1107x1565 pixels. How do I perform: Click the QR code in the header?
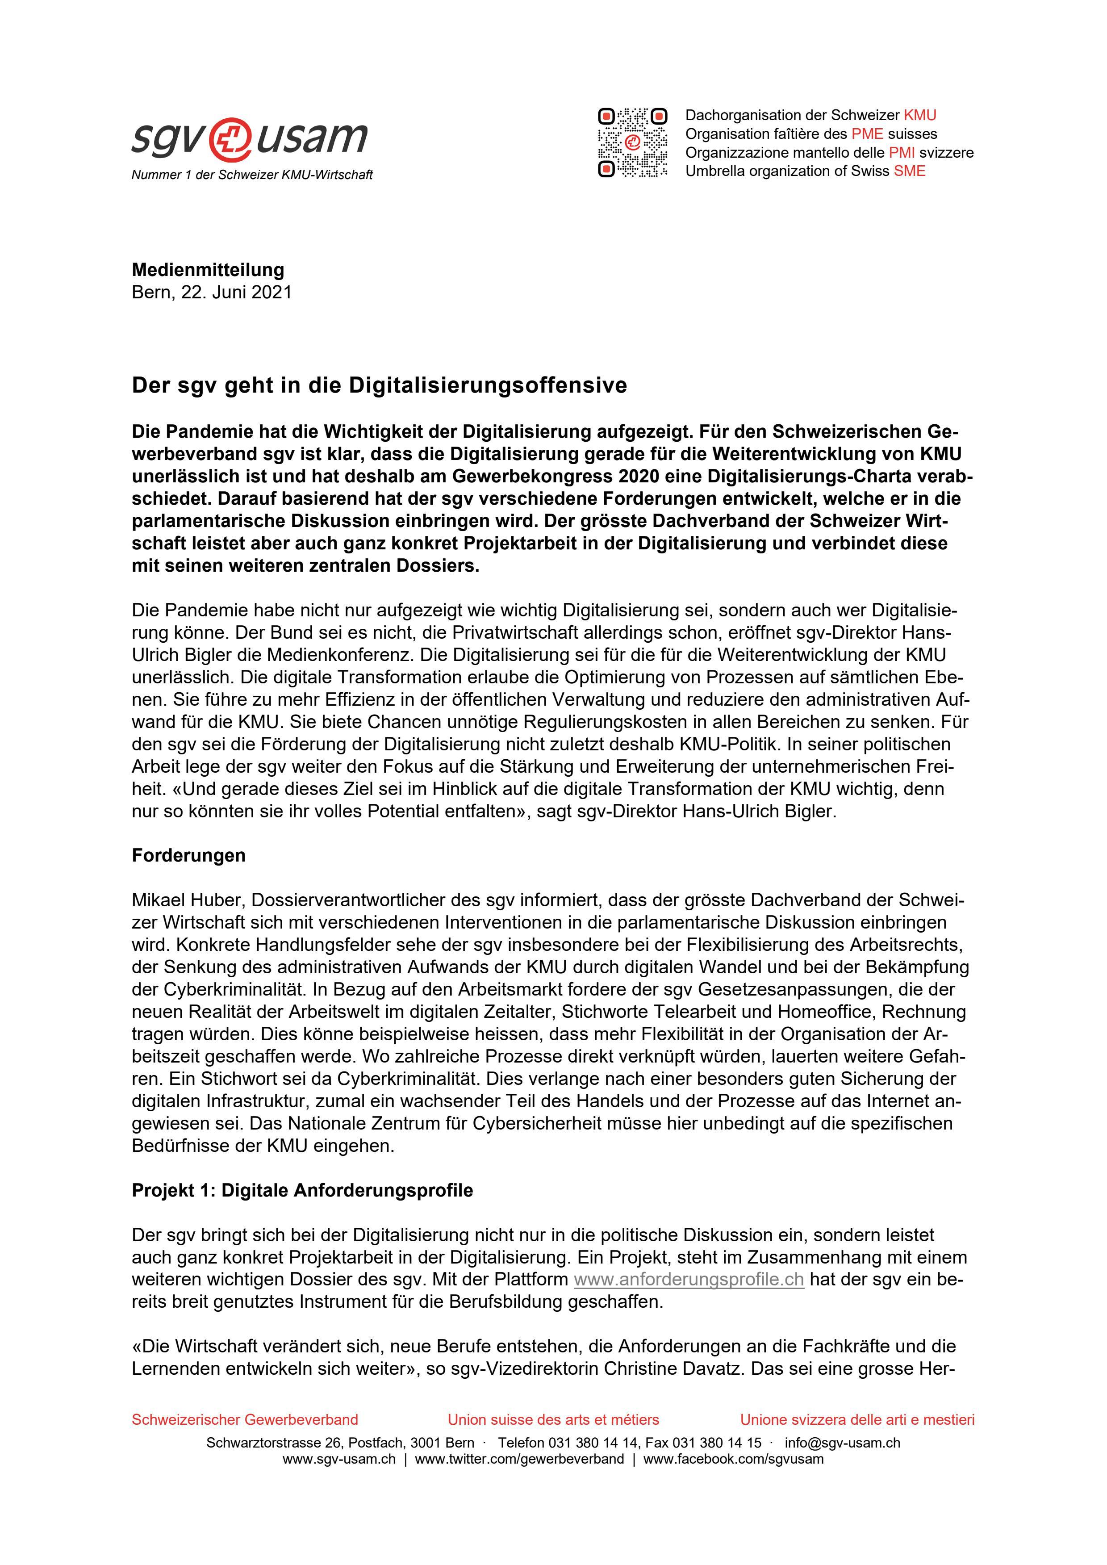[632, 142]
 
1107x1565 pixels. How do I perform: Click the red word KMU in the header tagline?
[919, 115]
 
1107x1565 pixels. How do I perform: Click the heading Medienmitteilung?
[208, 270]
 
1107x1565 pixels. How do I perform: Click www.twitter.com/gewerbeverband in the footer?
[519, 1459]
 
